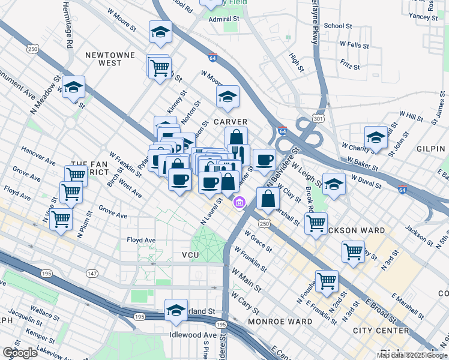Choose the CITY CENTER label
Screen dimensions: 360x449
click(381, 331)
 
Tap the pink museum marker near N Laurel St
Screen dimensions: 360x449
click(240, 203)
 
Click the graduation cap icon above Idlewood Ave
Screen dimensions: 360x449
click(176, 309)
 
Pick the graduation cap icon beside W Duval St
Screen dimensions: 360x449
click(334, 184)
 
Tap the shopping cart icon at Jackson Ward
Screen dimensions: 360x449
click(316, 223)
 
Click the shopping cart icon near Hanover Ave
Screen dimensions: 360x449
click(76, 175)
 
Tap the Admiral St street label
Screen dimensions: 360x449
click(224, 19)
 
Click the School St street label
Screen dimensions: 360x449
click(337, 26)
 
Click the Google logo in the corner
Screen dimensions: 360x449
click(19, 353)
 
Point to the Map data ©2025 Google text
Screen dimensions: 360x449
click(412, 355)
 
